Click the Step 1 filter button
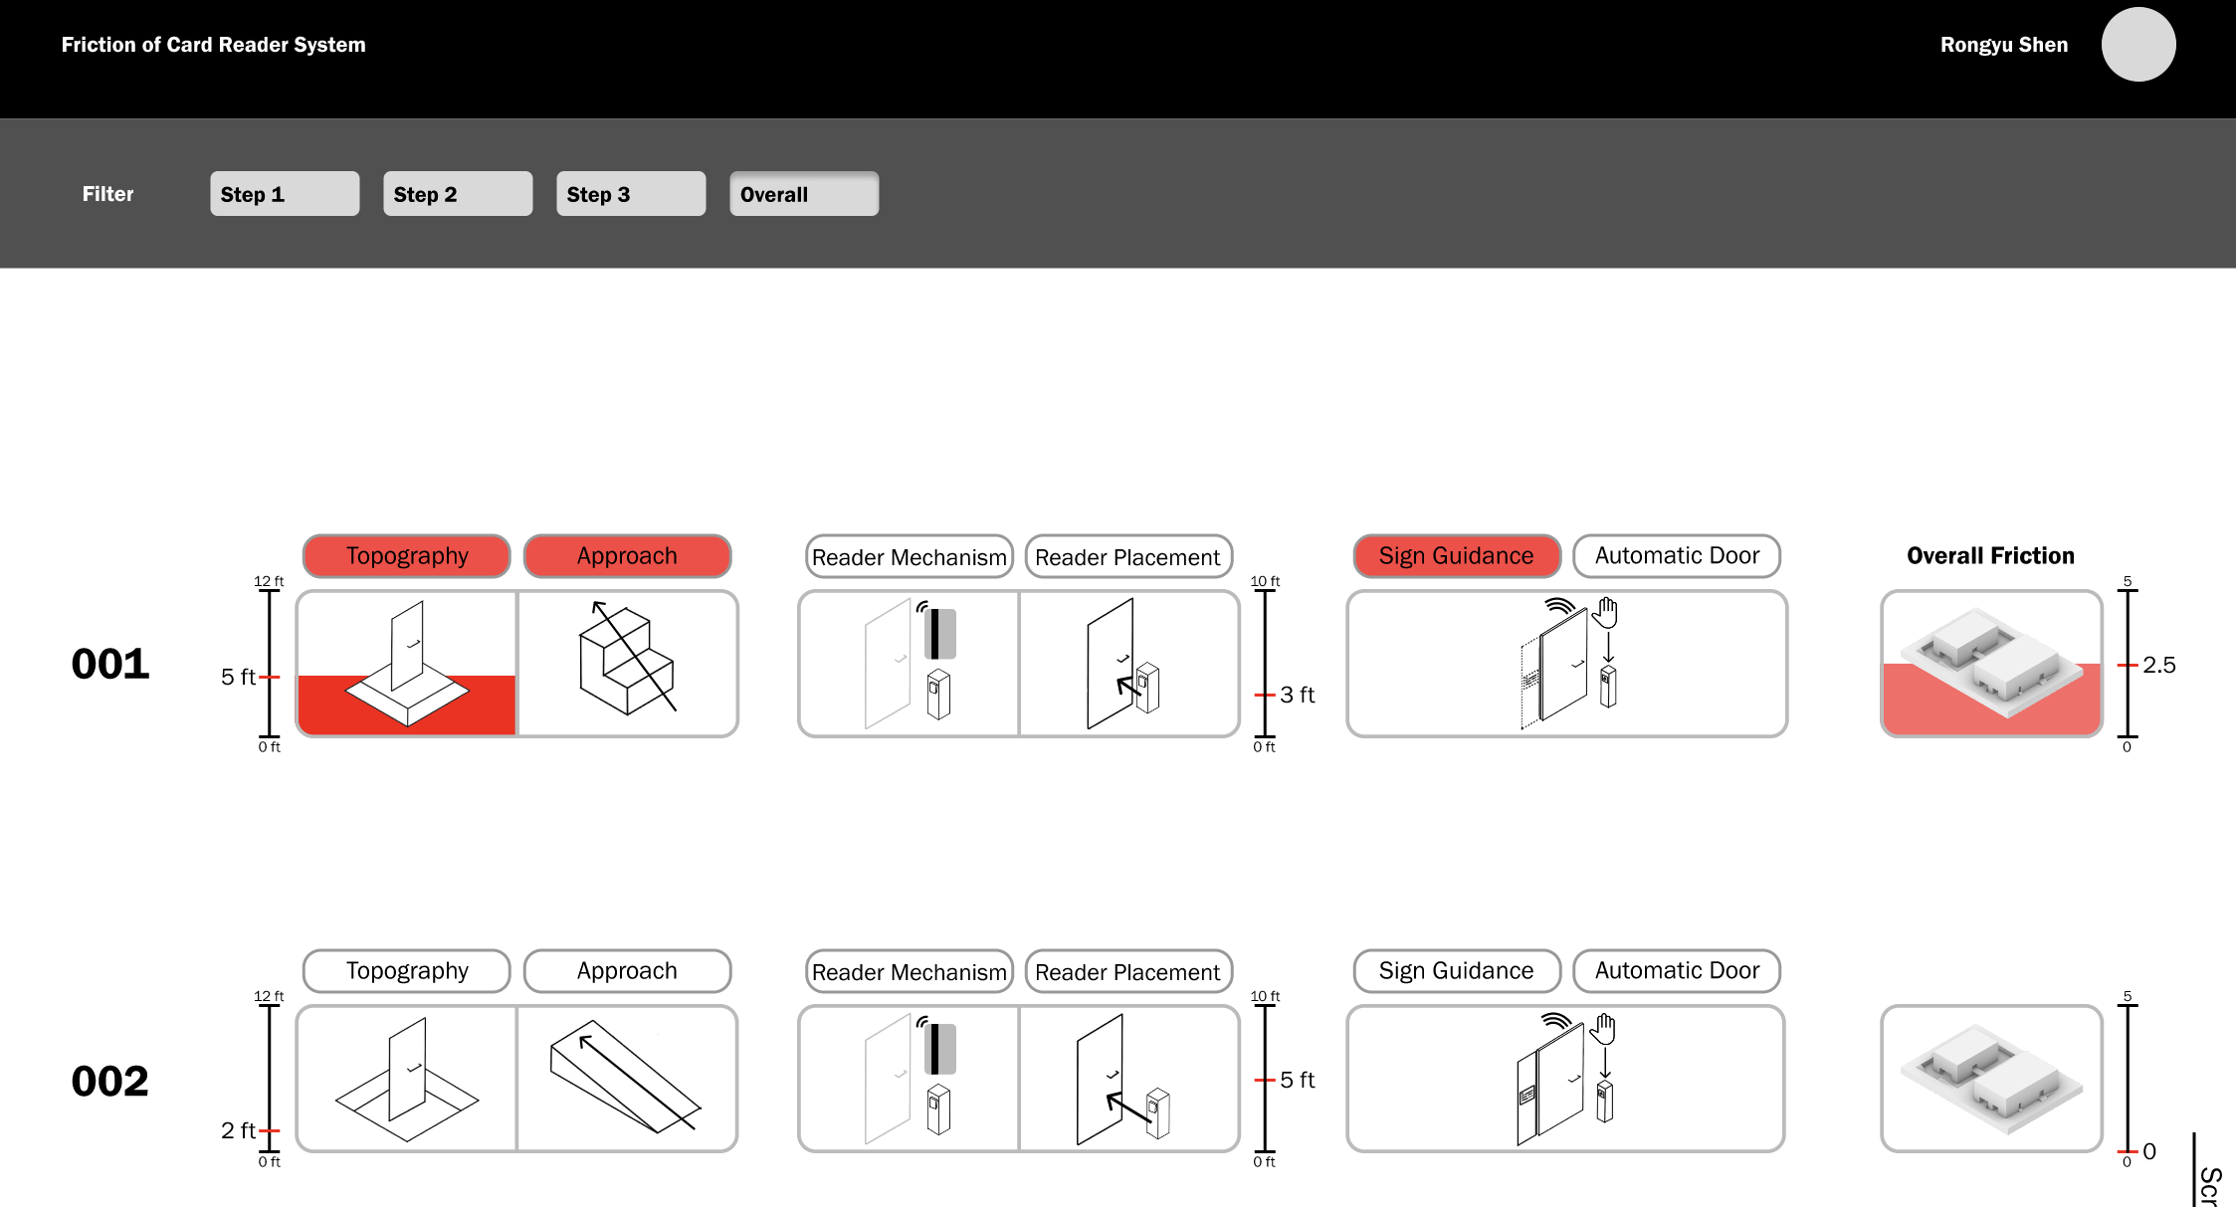point(284,194)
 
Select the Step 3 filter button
point(630,194)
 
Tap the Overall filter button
point(803,194)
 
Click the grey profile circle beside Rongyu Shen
point(2137,45)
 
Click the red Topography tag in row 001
point(406,556)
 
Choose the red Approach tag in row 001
point(627,556)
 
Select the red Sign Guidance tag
point(1456,556)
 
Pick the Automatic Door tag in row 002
point(1677,971)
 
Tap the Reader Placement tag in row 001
point(1127,557)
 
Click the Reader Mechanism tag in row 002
point(909,972)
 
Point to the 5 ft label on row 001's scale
point(238,677)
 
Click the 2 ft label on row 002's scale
point(238,1130)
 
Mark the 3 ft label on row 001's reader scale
point(1297,695)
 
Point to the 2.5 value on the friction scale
point(2158,665)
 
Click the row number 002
point(110,1082)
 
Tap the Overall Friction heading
point(1990,556)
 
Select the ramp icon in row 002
point(625,1077)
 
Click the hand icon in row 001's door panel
point(1605,613)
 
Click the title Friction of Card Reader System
point(213,45)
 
